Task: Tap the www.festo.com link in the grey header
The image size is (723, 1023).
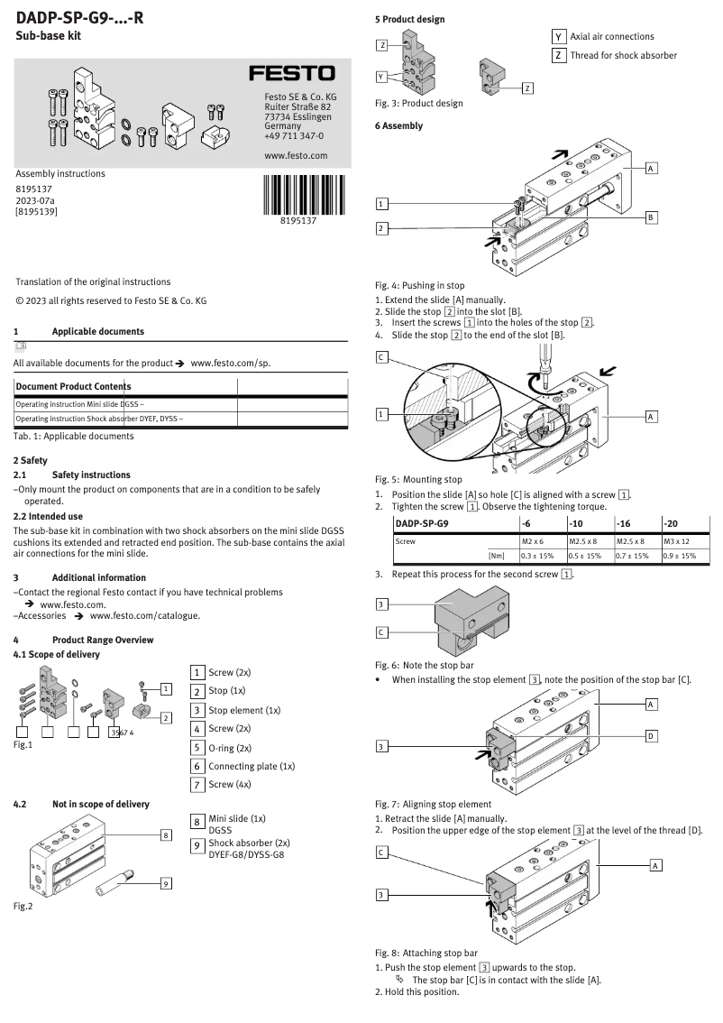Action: (x=296, y=155)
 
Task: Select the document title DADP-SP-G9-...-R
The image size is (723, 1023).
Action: (x=79, y=15)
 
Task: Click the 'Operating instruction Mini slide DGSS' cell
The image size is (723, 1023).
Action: (x=125, y=404)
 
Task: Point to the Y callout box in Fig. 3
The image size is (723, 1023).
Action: (x=382, y=77)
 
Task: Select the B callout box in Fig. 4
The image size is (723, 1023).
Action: (x=651, y=217)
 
